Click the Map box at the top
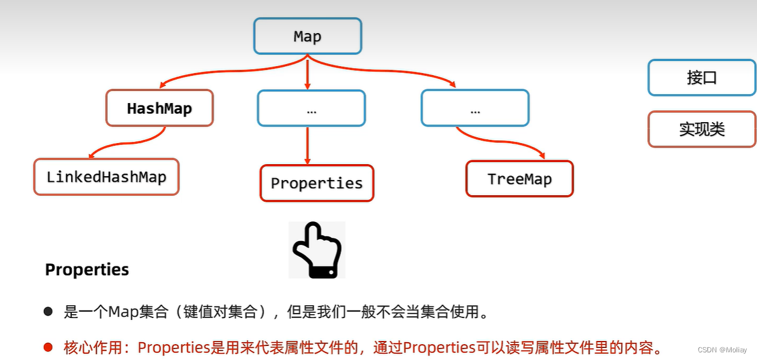[307, 36]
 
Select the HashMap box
[159, 109]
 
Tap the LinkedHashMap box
[106, 177]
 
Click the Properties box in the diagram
[317, 183]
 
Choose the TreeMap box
[520, 179]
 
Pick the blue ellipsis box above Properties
[311, 109]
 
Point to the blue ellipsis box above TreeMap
[475, 109]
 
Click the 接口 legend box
[702, 78]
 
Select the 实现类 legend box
[702, 129]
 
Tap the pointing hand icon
[317, 250]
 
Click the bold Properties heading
[87, 270]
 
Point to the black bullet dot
[48, 312]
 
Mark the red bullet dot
[48, 347]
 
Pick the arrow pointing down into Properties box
[307, 146]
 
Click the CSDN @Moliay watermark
[722, 350]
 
